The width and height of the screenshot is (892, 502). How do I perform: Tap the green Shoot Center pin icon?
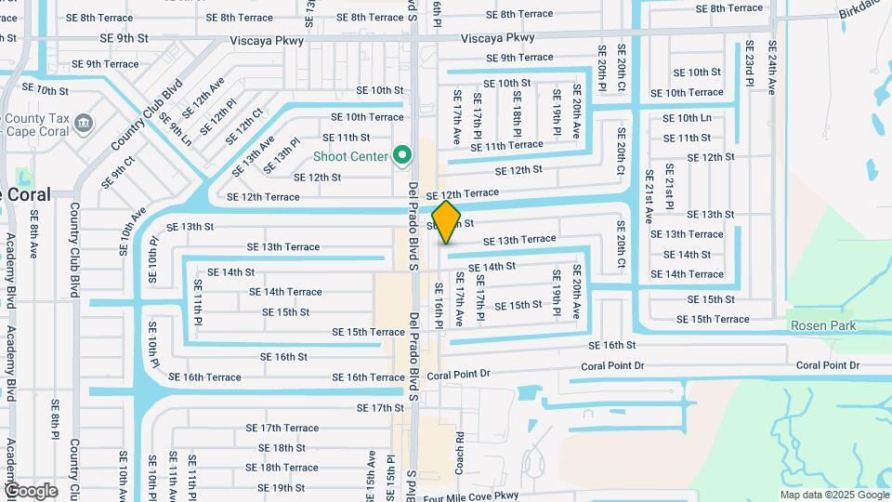coord(402,155)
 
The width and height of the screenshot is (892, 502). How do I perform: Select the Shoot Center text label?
coord(350,156)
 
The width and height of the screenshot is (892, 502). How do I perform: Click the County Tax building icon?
coord(84,123)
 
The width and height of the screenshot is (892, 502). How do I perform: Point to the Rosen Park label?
coord(823,325)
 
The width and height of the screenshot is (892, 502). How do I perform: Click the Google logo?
coord(30,490)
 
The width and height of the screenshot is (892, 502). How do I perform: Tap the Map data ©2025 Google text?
coord(833,495)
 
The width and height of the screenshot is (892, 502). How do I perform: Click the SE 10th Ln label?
coord(688,118)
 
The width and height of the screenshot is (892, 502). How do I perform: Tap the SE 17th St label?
coord(381,408)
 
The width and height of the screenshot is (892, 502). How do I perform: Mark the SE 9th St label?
coord(125,38)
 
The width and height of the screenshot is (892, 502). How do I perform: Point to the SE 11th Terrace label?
coord(506,146)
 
